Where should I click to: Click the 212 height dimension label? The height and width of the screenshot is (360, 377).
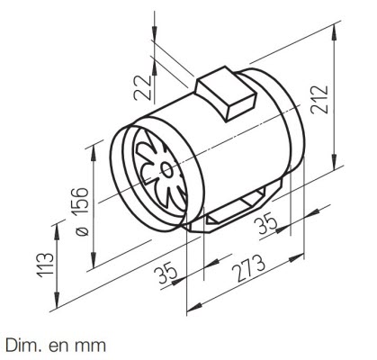pos(319,100)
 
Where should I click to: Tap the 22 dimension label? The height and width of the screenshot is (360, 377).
pos(142,87)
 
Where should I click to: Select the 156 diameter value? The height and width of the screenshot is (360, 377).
pos(80,201)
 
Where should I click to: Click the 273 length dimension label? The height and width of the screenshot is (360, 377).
pos(248,268)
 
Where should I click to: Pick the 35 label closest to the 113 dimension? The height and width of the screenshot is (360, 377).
pos(166,273)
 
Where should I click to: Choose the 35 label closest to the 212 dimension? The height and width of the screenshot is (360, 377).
pos(265,223)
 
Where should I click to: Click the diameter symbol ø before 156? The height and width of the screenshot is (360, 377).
pos(82,230)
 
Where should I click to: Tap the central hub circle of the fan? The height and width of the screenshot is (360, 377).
pos(166,170)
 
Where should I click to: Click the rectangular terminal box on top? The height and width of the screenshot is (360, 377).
pos(226,94)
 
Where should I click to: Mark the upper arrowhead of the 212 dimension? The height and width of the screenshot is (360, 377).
pos(334,33)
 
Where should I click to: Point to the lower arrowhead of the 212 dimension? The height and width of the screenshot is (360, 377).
pos(334,162)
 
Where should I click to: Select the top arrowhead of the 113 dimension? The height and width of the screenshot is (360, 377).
pos(57,232)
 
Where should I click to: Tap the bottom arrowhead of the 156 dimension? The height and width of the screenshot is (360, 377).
pos(94,260)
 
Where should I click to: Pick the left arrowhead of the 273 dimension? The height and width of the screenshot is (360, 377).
pos(194,307)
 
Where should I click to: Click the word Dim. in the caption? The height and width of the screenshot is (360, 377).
pos(19,346)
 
